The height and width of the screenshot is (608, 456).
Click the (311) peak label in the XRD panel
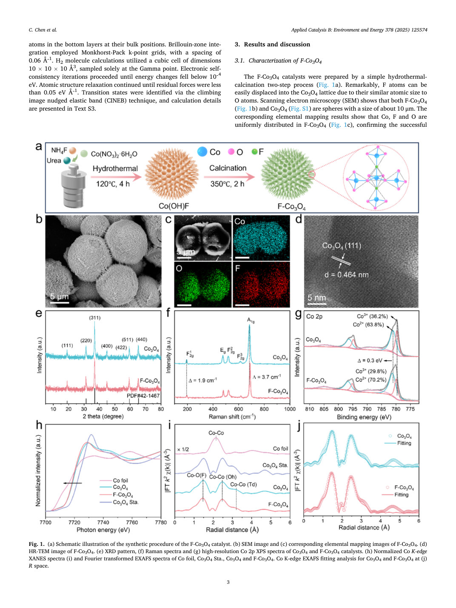click(x=95, y=318)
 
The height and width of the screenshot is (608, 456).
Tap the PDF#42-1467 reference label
click(x=143, y=396)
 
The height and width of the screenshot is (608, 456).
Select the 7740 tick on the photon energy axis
click(x=103, y=522)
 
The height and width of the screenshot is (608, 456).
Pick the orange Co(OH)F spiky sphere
click(x=172, y=174)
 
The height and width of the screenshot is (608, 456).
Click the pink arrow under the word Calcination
click(x=229, y=177)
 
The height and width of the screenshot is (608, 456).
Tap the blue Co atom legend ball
click(x=202, y=151)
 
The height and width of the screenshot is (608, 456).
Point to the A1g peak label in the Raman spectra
click(x=251, y=320)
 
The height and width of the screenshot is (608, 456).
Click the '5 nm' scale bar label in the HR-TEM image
click(x=317, y=298)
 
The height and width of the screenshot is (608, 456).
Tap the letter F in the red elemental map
click(x=237, y=268)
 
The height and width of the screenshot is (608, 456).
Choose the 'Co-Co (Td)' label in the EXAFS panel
click(x=243, y=485)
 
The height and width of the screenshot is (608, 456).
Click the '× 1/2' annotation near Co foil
click(x=183, y=449)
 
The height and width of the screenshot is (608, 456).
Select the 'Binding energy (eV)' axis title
click(x=364, y=417)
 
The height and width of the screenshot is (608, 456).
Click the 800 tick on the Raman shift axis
click(x=264, y=409)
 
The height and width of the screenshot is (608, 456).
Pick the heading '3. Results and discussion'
click(x=272, y=44)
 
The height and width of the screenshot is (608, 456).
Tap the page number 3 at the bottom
click(x=228, y=582)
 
